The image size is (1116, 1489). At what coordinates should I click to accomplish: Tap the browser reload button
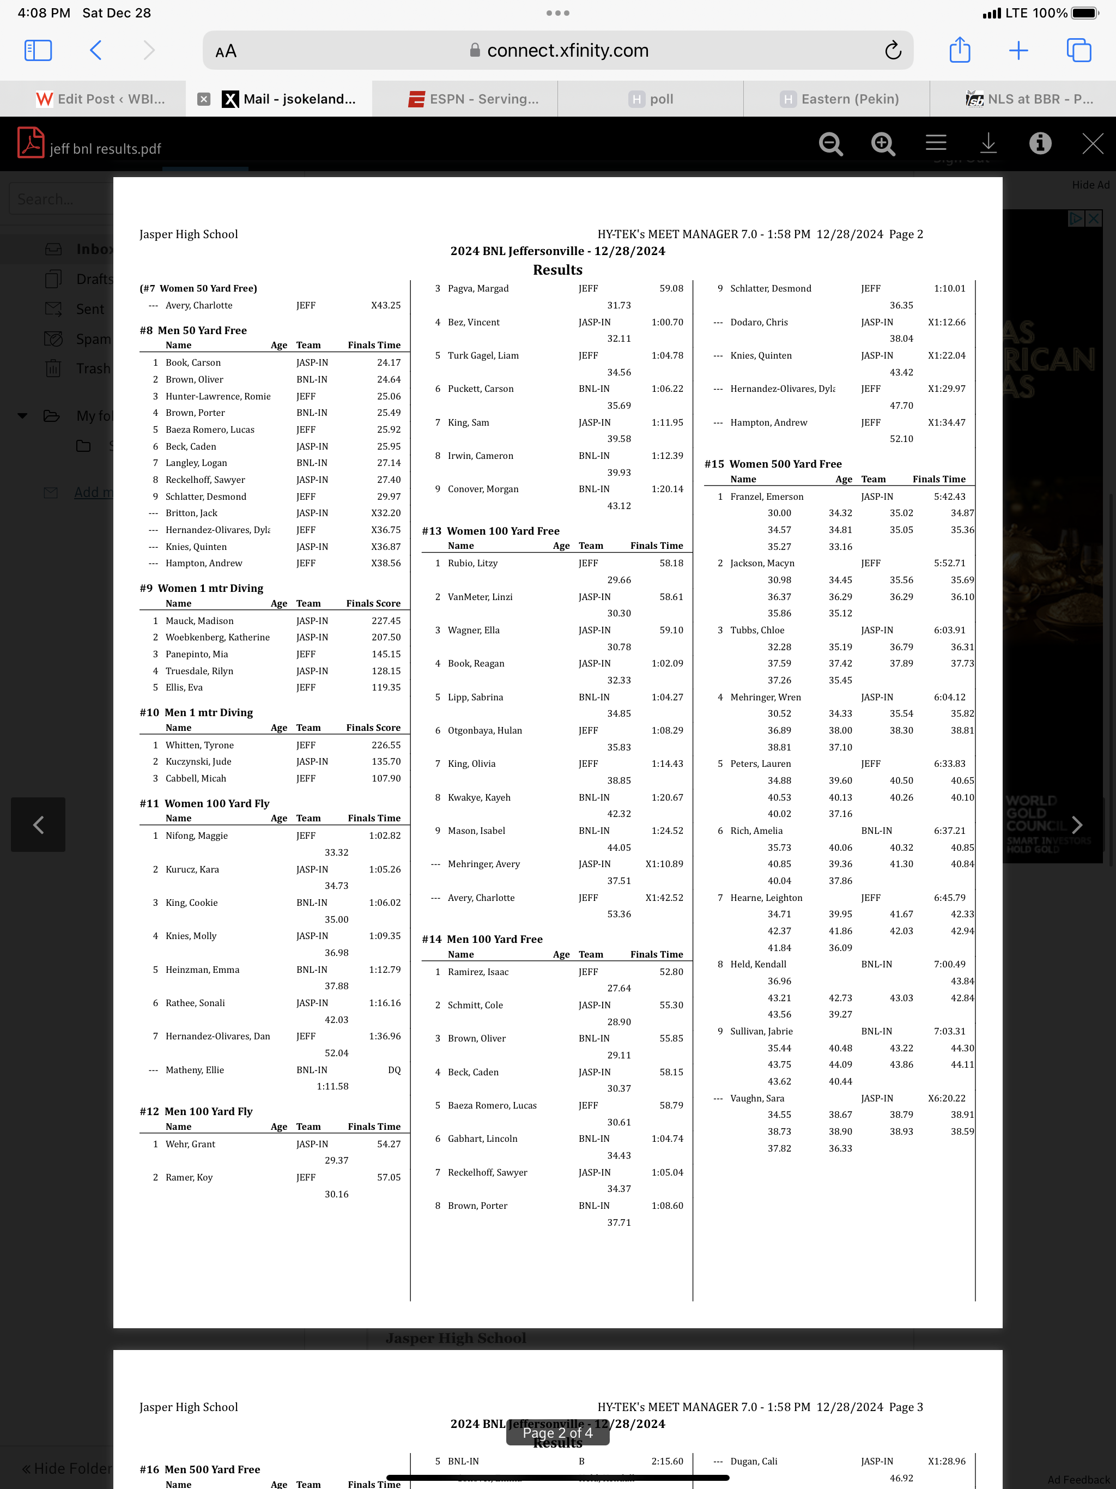click(x=893, y=51)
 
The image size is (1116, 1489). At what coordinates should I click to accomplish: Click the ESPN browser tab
click(x=474, y=99)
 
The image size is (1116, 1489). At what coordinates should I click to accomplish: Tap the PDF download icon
click(x=987, y=143)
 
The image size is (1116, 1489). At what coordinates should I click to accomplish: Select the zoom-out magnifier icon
click(x=830, y=143)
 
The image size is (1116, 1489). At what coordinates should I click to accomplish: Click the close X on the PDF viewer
click(x=1092, y=143)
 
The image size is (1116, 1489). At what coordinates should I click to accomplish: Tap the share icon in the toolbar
click(x=959, y=51)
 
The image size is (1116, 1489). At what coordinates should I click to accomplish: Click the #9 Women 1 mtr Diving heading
click(x=201, y=588)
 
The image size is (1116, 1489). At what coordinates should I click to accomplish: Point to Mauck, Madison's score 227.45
click(x=386, y=621)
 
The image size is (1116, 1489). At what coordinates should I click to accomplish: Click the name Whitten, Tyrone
click(x=199, y=745)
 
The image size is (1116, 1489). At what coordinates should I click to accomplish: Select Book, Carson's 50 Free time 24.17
click(x=389, y=362)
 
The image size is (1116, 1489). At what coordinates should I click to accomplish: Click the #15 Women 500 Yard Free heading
click(x=773, y=464)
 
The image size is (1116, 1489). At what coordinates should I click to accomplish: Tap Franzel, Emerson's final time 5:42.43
click(x=949, y=497)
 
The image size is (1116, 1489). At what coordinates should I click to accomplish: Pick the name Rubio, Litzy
click(x=472, y=563)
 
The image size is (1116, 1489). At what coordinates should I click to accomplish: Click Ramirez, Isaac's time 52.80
click(x=671, y=971)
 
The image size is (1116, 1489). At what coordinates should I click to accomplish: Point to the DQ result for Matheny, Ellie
click(x=394, y=1070)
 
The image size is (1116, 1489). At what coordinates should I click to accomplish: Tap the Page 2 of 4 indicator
click(x=557, y=1432)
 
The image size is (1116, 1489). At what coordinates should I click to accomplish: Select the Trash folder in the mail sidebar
click(x=93, y=369)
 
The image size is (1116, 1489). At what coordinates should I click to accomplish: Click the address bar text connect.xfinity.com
click(x=567, y=51)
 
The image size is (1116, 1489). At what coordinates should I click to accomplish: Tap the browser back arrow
click(x=95, y=51)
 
